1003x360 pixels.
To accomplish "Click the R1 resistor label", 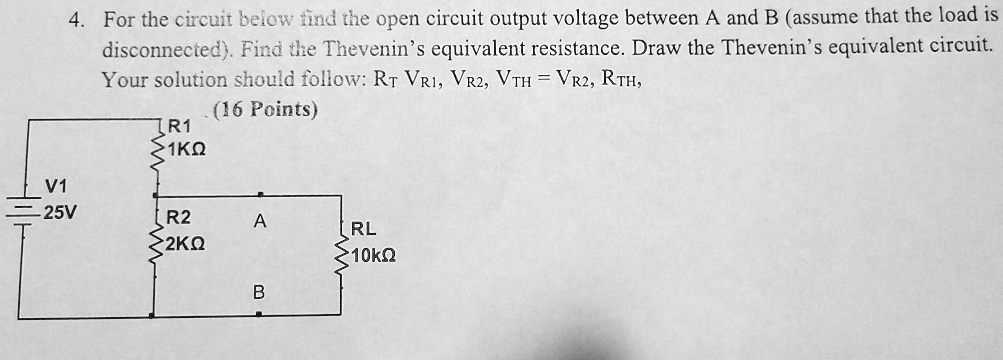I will click(x=177, y=128).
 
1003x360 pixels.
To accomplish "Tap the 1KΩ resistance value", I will click(x=187, y=150).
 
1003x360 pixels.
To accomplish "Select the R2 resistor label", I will click(x=177, y=218).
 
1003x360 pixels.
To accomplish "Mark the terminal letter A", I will click(x=259, y=224).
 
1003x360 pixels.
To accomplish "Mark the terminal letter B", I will click(x=259, y=293).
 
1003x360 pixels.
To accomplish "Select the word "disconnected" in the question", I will click(x=158, y=48).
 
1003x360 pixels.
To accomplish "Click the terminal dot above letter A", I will click(x=259, y=195).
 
